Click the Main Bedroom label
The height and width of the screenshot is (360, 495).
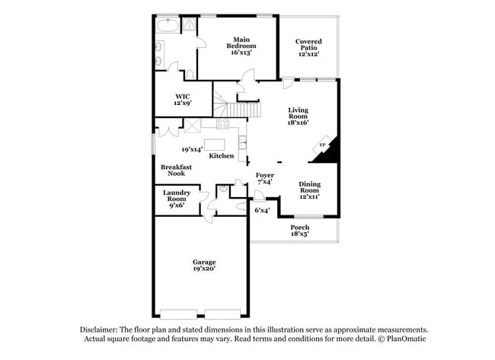click(x=241, y=46)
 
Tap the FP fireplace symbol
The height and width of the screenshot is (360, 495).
click(x=322, y=145)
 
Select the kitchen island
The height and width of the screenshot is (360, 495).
click(x=216, y=144)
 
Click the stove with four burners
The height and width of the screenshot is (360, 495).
click(x=223, y=124)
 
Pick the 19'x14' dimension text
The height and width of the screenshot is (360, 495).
click(x=191, y=149)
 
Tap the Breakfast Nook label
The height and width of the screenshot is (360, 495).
click(x=176, y=170)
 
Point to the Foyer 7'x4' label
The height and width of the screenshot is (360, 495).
click(x=264, y=179)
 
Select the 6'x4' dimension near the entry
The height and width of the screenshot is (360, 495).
click(x=262, y=210)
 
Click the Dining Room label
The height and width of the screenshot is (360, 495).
click(x=308, y=189)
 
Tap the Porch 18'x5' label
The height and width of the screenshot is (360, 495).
click(x=300, y=231)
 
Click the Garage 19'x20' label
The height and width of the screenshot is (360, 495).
click(x=203, y=266)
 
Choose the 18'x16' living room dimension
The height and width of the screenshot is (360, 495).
click(x=297, y=122)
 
